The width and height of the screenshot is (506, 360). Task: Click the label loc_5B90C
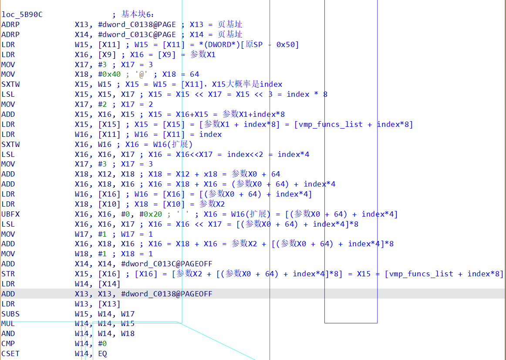tap(22, 15)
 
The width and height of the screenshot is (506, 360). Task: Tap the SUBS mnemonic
tap(10, 314)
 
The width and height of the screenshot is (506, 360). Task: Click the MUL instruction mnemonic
tap(8, 324)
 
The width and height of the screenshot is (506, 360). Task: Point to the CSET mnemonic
tap(10, 354)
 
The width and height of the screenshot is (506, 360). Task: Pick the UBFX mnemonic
tap(10, 214)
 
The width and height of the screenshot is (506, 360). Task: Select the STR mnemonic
tap(8, 274)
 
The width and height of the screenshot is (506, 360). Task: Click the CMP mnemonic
tap(8, 344)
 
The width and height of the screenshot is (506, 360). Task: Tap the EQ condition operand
tap(102, 354)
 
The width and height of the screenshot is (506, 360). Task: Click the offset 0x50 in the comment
tap(287, 45)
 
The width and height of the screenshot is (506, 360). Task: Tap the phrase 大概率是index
tap(254, 85)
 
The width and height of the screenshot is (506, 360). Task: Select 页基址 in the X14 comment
tap(230, 35)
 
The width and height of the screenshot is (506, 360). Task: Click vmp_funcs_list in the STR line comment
tap(422, 274)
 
